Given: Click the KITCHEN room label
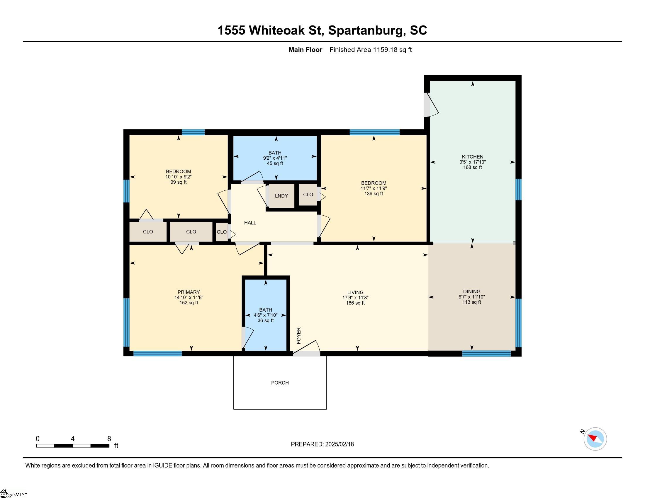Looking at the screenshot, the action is (473, 157).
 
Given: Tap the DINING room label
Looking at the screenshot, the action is (472, 291).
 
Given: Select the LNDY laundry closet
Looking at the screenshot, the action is (281, 196).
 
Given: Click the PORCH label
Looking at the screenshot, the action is (280, 383).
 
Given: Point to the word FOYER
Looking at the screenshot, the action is (299, 335).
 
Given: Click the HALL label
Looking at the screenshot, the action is (250, 223).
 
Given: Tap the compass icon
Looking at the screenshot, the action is (595, 439).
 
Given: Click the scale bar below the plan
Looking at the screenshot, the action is (73, 446).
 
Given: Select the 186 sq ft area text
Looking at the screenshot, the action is (355, 303).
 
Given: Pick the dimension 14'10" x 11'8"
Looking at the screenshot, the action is (189, 297).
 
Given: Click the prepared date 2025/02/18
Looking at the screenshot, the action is (339, 444).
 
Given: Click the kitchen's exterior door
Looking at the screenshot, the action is (431, 105).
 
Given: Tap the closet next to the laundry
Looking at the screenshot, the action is (308, 195).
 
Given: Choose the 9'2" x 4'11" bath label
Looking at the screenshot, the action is (275, 158).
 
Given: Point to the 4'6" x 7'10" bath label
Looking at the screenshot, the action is (266, 315).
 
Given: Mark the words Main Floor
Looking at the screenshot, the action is (305, 50).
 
